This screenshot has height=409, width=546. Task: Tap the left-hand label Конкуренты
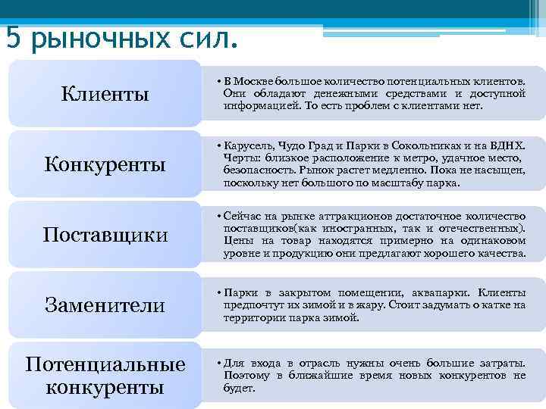pyautogui.click(x=105, y=164)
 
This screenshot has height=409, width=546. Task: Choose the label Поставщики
pyautogui.click(x=105, y=234)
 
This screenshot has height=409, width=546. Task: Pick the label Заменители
pyautogui.click(x=105, y=304)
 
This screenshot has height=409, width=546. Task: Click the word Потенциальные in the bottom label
pyautogui.click(x=105, y=364)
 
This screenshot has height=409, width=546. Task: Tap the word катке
pyautogui.click(x=491, y=304)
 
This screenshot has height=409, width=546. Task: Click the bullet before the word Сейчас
pyautogui.click(x=218, y=217)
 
